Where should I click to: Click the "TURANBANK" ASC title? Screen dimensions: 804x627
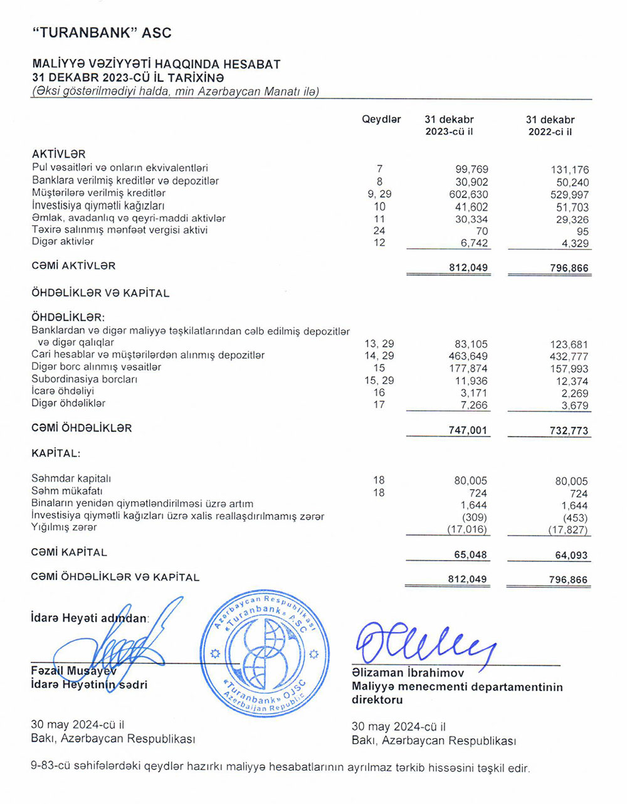[x=102, y=33]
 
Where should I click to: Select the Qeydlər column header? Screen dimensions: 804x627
[x=381, y=120]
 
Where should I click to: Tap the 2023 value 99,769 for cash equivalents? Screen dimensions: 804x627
[x=472, y=169]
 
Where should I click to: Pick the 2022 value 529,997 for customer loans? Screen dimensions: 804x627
[x=569, y=195]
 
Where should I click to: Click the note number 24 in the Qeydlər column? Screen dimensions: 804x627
[x=379, y=231]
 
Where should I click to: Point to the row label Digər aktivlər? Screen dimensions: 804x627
[x=63, y=241]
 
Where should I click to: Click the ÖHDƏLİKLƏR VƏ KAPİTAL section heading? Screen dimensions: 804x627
[x=100, y=293]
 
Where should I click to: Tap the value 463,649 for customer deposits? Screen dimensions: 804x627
[x=470, y=356]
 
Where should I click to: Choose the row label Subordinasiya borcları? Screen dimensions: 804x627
[x=85, y=379]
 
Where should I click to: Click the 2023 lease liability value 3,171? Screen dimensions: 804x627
[x=474, y=393]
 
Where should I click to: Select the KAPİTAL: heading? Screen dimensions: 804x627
[x=56, y=453]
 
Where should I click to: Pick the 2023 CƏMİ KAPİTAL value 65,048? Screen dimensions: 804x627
[x=470, y=555]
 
